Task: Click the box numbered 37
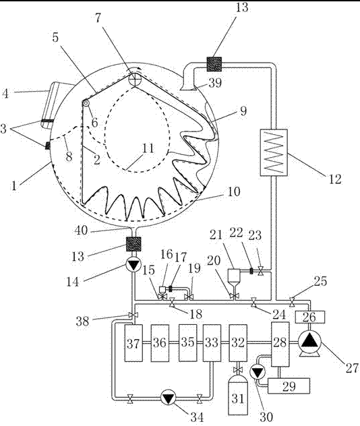click(x=133, y=343)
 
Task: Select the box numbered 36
click(x=160, y=343)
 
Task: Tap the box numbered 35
click(x=187, y=343)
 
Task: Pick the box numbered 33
click(x=212, y=343)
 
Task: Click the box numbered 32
click(x=238, y=343)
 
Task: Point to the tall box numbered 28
click(x=280, y=344)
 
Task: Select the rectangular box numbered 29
click(x=289, y=386)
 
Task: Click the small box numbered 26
click(x=309, y=317)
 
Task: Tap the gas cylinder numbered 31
click(x=238, y=398)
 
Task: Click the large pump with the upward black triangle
click(x=309, y=343)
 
